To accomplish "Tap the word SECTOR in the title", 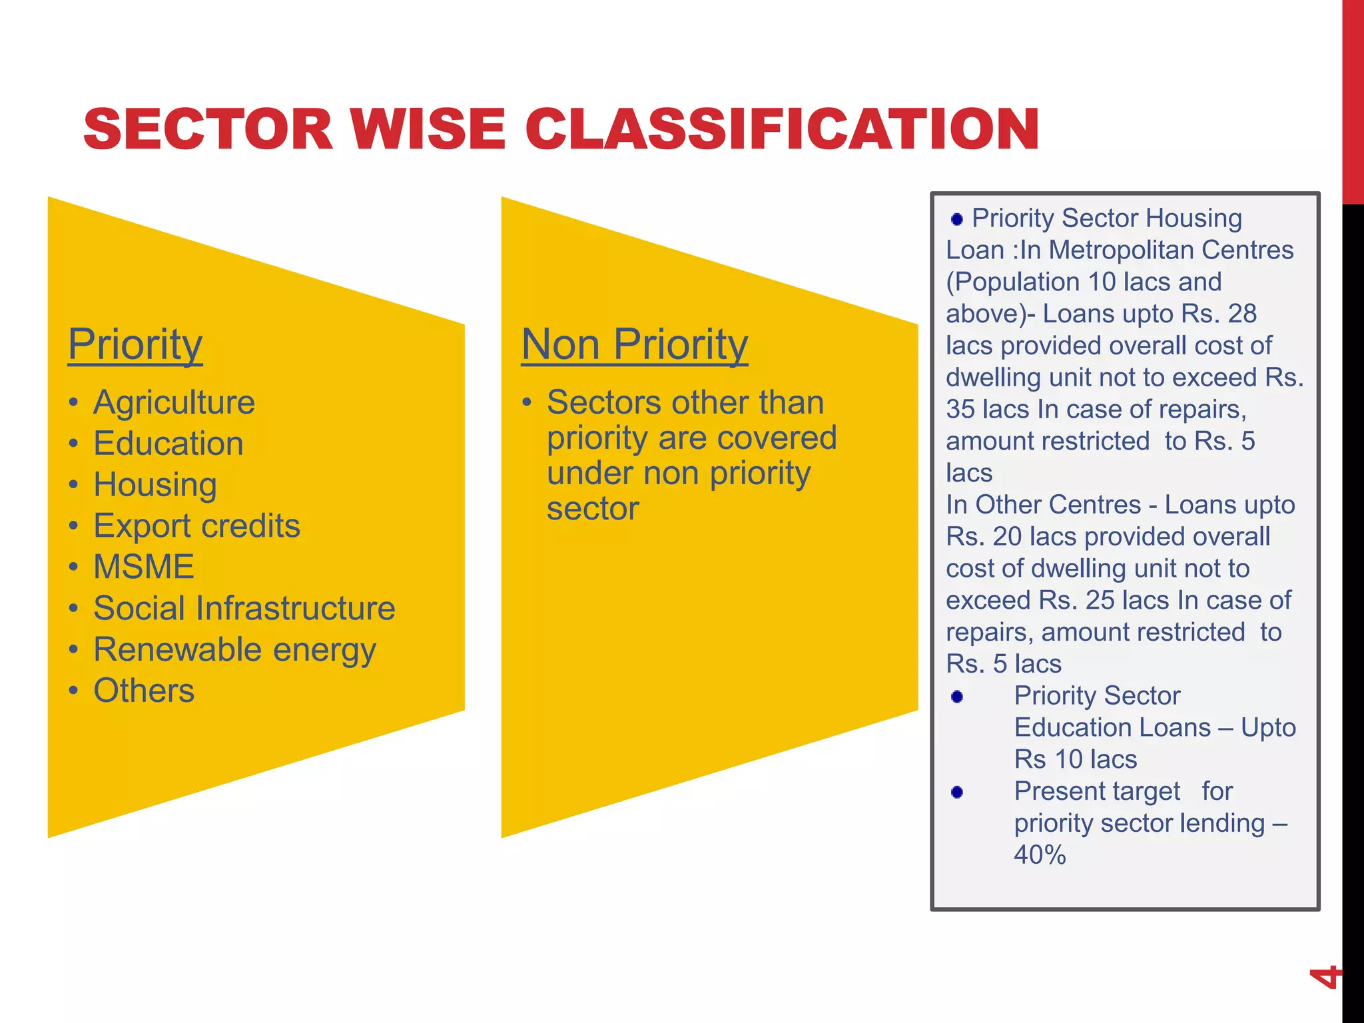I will click(x=208, y=129).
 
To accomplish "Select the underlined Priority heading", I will click(x=135, y=344).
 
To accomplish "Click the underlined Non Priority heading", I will click(x=634, y=344).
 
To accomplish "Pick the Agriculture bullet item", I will click(x=174, y=402).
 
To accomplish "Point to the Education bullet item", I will click(x=168, y=444).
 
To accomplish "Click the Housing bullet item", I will click(x=155, y=485).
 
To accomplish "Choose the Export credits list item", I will click(x=196, y=526).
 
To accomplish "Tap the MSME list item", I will click(x=143, y=567).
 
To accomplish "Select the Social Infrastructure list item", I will click(x=244, y=608).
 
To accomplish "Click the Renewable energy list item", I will click(x=234, y=649).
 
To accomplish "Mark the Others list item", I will click(x=143, y=691).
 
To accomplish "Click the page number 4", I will click(x=1324, y=977).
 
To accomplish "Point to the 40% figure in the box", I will click(x=1040, y=855).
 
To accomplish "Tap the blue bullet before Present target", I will click(x=957, y=792).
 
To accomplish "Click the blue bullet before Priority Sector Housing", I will click(x=957, y=219).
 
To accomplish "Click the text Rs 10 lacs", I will click(x=1075, y=759).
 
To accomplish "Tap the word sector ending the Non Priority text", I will click(x=593, y=509).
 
